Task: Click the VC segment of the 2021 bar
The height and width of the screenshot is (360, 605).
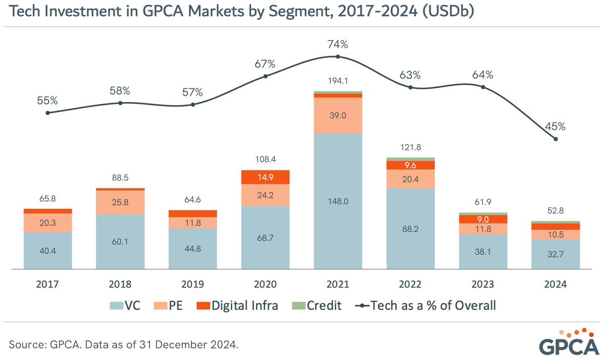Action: [x=338, y=201]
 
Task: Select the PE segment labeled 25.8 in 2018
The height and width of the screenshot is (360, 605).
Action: [x=120, y=202]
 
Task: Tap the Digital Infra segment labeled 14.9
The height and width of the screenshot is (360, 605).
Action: [x=265, y=177]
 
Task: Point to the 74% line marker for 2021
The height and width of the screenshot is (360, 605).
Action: [x=338, y=56]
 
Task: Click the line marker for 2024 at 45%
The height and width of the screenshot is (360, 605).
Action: [x=555, y=139]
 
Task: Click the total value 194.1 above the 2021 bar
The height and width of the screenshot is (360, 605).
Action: [x=338, y=81]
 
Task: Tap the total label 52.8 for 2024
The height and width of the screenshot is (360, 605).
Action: [x=555, y=210]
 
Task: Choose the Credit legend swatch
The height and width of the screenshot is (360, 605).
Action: [x=298, y=306]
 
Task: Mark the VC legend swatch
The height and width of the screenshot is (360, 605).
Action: [x=116, y=306]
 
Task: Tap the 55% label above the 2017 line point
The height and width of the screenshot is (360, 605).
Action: [x=47, y=101]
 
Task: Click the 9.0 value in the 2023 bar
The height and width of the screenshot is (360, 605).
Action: [x=483, y=219]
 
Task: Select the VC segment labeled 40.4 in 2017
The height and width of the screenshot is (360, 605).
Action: [x=47, y=251]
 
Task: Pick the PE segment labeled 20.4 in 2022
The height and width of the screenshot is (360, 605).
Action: [x=410, y=179]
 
